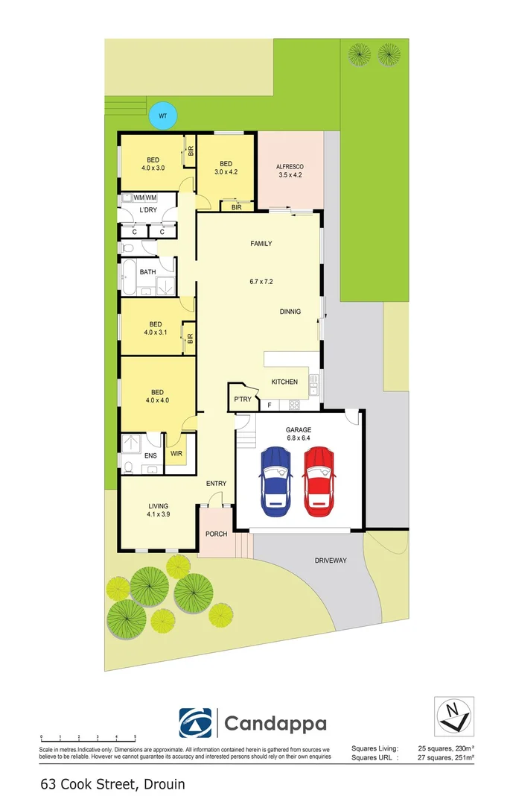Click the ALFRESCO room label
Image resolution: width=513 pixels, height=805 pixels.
click(x=290, y=167)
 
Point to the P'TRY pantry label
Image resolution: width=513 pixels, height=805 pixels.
click(x=243, y=399)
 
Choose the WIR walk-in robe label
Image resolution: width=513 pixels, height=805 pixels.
click(x=176, y=453)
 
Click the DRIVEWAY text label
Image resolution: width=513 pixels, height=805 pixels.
click(x=331, y=560)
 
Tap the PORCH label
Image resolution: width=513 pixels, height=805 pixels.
click(x=216, y=533)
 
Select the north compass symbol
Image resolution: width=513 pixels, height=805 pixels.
click(x=453, y=716)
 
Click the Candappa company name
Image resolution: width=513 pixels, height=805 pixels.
click(x=275, y=723)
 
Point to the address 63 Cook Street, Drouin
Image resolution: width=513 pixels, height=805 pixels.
click(x=113, y=784)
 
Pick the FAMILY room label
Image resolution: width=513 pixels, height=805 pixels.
click(x=261, y=244)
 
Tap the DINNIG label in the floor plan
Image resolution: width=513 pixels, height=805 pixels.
click(x=290, y=312)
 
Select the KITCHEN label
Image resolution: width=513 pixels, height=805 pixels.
click(x=284, y=382)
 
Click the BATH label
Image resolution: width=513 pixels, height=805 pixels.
click(x=147, y=272)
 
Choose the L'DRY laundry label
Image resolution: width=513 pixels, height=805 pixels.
click(x=148, y=210)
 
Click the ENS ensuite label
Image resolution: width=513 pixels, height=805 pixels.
click(x=150, y=455)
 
